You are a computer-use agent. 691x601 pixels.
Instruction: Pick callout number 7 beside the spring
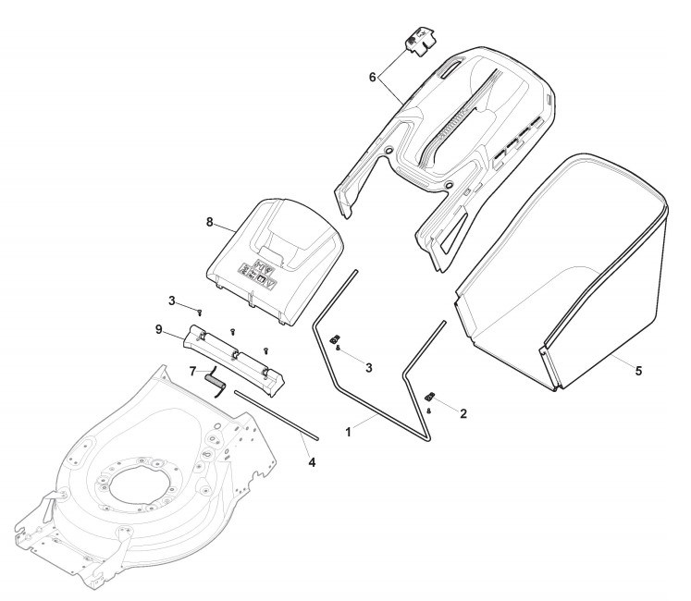[x=192, y=372]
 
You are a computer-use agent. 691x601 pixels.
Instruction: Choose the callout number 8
[x=209, y=222]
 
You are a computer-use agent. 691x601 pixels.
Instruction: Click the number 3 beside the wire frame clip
[x=369, y=368]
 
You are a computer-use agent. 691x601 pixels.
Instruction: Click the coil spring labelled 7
[x=215, y=381]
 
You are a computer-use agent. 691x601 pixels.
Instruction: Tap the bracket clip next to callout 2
[x=431, y=398]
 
